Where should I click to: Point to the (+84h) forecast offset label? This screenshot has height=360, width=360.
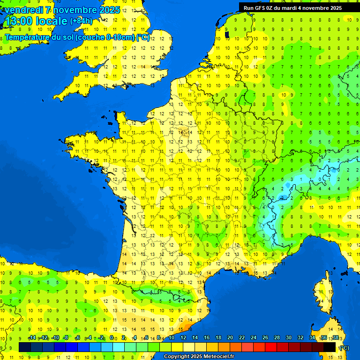(81, 21)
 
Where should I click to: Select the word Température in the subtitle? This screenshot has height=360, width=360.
(27, 37)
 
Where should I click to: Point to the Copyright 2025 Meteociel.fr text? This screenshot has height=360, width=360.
(199, 357)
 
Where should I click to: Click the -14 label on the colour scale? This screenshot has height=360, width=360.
(32, 338)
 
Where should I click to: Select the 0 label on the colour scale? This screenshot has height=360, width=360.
(112, 338)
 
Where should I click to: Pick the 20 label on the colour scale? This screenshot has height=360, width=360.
(230, 338)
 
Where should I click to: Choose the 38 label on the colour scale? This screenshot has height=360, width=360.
(335, 338)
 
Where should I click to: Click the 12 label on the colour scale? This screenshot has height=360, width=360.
(183, 338)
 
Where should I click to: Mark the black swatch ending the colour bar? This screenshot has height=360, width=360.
(330, 347)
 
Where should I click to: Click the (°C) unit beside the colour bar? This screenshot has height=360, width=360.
(344, 347)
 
